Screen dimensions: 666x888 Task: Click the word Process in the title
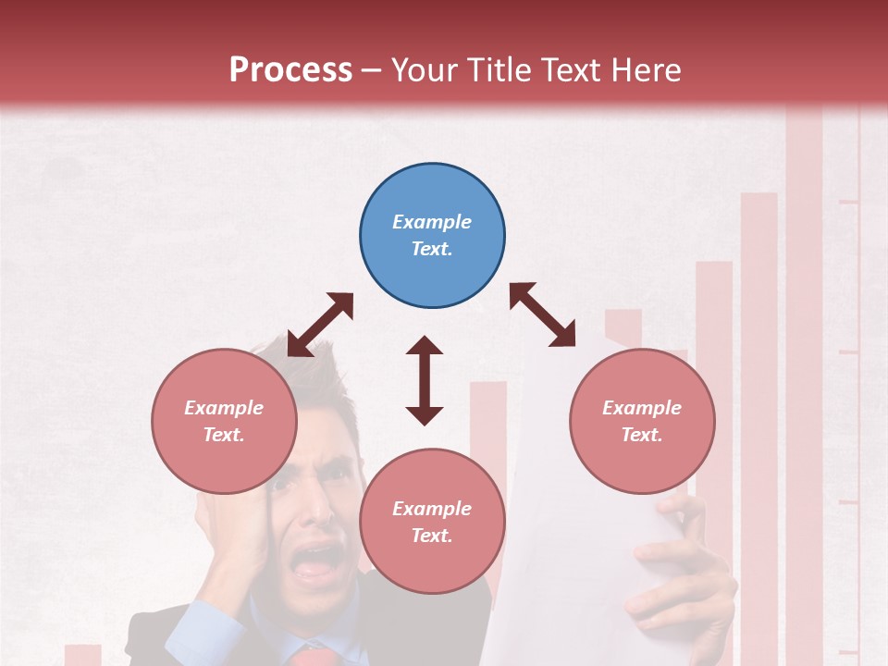coord(290,70)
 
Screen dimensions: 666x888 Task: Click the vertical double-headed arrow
coord(425,380)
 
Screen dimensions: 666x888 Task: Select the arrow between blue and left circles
coord(320,325)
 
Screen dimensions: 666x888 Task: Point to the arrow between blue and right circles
coord(543,314)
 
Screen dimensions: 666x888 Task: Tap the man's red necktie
coord(311,656)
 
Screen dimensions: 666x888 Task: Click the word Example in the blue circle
coord(432,222)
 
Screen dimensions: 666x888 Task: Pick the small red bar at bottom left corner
coord(82,654)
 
